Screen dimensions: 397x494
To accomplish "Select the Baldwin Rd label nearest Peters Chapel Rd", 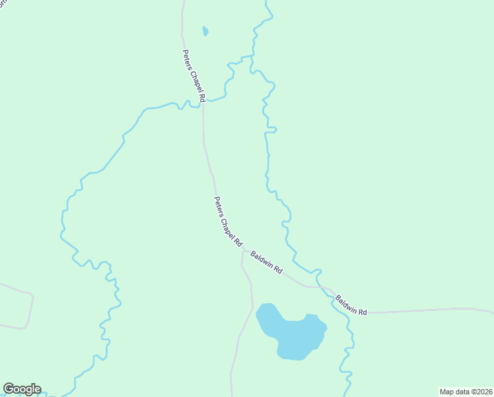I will (x=267, y=263).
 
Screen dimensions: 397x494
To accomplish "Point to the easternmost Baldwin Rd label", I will (x=351, y=304).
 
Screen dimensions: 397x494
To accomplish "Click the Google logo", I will (x=22, y=389).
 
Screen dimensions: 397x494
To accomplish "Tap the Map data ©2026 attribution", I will (x=466, y=392).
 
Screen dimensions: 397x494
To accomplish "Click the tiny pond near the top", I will (x=205, y=31).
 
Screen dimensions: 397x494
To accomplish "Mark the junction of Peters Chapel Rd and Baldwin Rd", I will (x=243, y=251).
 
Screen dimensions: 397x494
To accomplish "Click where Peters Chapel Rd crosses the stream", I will (x=202, y=103).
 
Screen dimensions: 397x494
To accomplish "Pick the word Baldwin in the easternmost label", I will (x=347, y=302).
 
